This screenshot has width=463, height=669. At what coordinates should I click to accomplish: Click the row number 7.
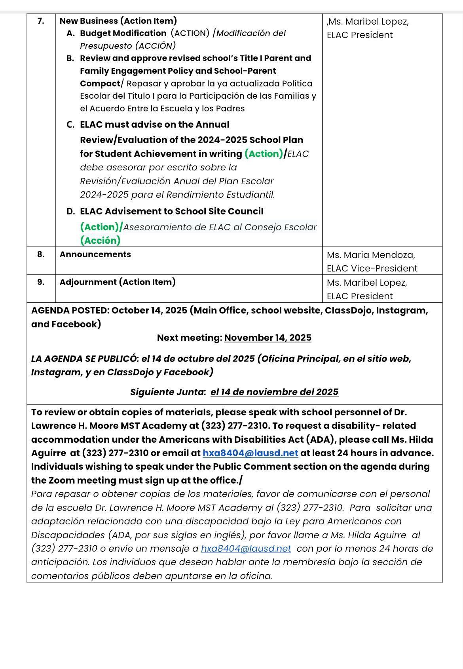41,21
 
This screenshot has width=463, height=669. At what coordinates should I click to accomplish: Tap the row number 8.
41,254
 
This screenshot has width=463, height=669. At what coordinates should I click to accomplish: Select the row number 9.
41,282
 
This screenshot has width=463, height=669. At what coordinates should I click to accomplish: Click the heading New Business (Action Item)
118,21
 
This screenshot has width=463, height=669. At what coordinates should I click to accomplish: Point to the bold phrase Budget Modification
123,33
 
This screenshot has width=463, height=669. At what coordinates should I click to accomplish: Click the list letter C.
70,125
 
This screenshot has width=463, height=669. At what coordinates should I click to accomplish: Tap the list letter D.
70,212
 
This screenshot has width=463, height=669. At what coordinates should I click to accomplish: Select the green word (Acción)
100,241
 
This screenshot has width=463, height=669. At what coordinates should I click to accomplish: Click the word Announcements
95,254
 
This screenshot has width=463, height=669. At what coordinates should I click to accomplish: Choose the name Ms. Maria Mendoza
371,255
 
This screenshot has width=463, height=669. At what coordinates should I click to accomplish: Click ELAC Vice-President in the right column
372,268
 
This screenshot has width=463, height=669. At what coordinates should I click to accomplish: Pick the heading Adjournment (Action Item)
117,282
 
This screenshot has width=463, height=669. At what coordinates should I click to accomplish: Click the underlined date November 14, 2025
268,338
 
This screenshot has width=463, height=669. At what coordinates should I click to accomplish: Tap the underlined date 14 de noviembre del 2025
274,392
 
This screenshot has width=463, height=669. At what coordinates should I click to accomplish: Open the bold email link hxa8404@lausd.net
250,453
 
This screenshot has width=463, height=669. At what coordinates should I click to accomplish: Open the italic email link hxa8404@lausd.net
246,549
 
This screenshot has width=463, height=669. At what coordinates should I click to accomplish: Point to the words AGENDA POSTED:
70,310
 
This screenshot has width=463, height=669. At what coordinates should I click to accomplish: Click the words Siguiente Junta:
168,392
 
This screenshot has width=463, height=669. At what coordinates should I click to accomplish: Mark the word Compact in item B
100,84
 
